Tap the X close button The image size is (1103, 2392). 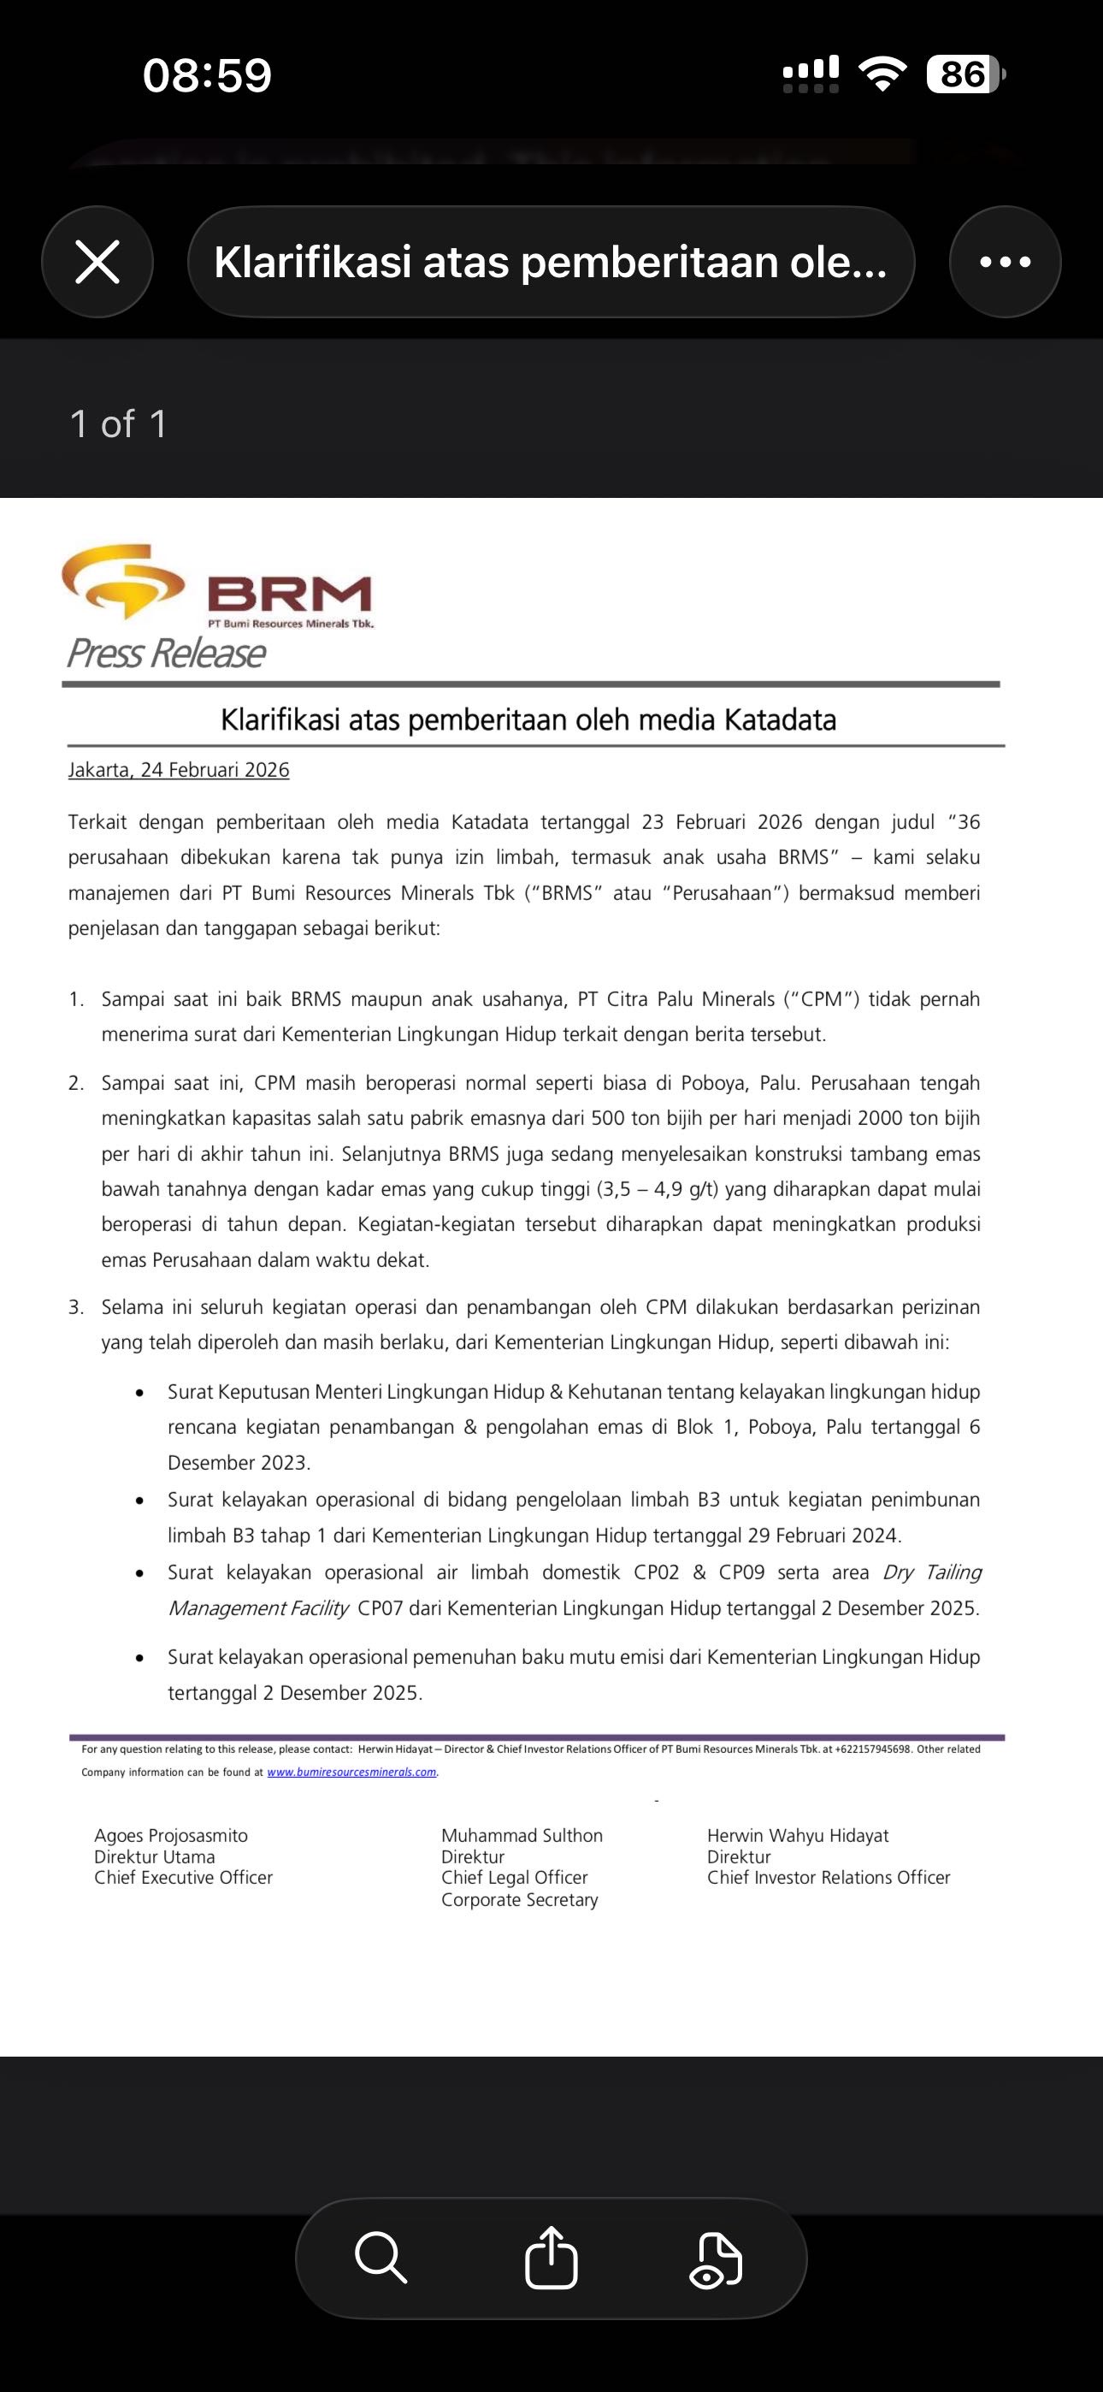tap(97, 262)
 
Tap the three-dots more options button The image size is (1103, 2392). tap(1005, 262)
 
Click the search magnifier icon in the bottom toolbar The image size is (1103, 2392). tap(380, 2258)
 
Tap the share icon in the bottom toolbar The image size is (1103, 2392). tap(551, 2258)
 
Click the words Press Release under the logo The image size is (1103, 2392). tap(166, 654)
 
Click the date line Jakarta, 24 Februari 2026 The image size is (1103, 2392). tap(178, 770)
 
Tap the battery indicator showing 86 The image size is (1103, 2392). tap(964, 74)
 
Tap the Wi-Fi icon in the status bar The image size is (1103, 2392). tap(883, 74)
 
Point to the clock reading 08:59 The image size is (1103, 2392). tap(207, 75)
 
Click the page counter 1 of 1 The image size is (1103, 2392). tap(118, 424)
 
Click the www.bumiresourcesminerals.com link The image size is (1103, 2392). tap(352, 1772)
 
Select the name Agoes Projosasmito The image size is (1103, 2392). tap(171, 1836)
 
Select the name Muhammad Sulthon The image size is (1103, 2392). tap(522, 1836)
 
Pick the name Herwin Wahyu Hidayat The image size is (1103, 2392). tap(798, 1836)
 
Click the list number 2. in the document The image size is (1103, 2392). tap(76, 1084)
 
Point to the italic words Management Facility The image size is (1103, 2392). tap(258, 1608)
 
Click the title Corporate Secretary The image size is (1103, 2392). tap(519, 1900)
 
